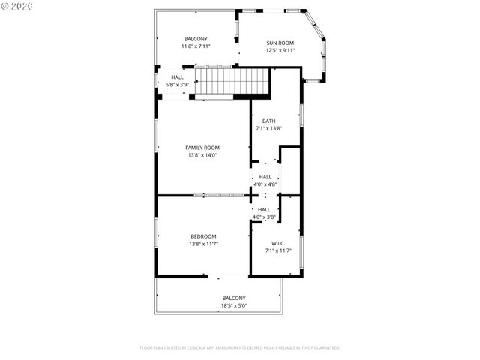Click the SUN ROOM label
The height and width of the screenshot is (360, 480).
[280, 43]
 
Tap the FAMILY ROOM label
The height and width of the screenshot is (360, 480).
[202, 148]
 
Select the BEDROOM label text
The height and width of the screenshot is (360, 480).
[202, 235]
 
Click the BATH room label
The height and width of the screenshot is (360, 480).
[268, 121]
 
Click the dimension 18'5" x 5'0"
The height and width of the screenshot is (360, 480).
[234, 305]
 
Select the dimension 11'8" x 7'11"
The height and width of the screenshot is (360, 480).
[196, 46]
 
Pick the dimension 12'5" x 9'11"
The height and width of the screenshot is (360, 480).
[280, 50]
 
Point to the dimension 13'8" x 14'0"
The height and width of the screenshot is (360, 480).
[202, 155]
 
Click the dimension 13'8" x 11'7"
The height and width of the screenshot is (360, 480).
[202, 243]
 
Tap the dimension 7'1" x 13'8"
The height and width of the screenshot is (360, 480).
[268, 128]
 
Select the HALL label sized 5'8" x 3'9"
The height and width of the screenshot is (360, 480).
[177, 77]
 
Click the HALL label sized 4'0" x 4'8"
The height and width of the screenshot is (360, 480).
[265, 177]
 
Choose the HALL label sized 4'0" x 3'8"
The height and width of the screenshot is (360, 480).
[265, 209]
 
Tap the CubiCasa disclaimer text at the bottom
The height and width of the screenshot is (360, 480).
[240, 347]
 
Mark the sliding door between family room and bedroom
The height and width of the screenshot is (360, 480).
[219, 196]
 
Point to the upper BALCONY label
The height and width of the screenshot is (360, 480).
[196, 39]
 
